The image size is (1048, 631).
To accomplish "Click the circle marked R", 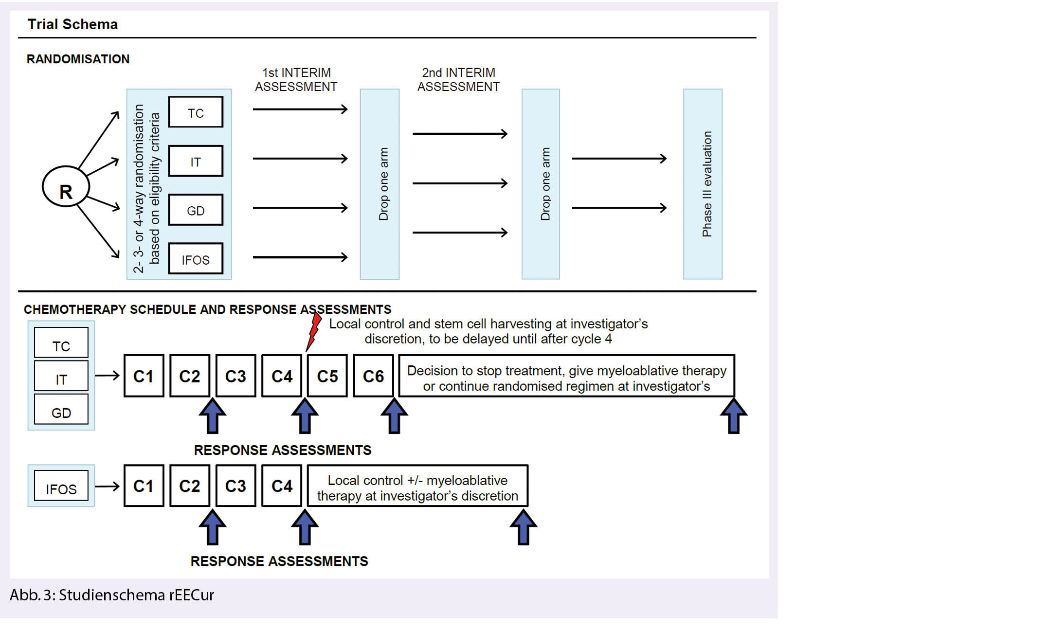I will coord(66,187).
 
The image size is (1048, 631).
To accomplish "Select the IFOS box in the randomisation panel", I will coord(196,259).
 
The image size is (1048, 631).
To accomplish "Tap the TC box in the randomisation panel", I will coord(196,112).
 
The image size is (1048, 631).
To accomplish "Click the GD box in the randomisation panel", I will coord(196,210).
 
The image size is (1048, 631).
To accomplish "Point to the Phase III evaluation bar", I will coord(703,184).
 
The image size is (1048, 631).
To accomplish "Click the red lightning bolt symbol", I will coord(314,331).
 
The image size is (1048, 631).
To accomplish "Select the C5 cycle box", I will coord(327,376).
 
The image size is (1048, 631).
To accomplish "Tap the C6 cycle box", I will coord(373,376).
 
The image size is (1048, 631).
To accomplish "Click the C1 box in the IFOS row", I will coord(144,486).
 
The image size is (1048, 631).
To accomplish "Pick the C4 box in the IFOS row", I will coord(282,486).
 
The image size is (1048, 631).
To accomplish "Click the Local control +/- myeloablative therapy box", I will coord(417,487).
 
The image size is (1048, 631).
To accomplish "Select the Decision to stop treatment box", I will coord(566,376).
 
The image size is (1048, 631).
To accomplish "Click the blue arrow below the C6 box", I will coord(394,416).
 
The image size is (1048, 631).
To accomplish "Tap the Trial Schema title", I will coord(72,24).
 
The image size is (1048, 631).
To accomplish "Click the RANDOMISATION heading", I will coord(78,59).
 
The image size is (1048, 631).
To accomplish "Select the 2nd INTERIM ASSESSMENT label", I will coord(458,79).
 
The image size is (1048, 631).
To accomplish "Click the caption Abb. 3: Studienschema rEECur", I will coord(112,595).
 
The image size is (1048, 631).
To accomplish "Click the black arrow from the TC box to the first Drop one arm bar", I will coord(300,109).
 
